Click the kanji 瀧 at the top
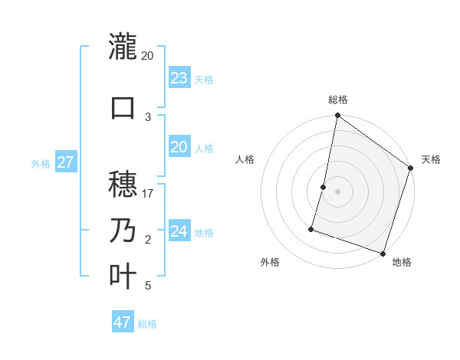(x=123, y=47)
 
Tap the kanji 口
(x=123, y=107)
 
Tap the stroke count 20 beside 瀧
(x=148, y=56)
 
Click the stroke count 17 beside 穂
(x=148, y=194)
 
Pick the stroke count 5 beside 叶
(x=148, y=286)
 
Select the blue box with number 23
(x=179, y=77)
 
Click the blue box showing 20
(x=179, y=147)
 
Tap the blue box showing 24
(x=179, y=231)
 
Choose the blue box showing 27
(x=66, y=162)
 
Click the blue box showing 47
(x=123, y=322)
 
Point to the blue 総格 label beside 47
(x=147, y=324)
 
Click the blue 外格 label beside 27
(x=41, y=163)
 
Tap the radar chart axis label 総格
(x=337, y=100)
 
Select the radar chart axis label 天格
(x=431, y=159)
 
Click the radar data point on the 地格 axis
(x=383, y=253)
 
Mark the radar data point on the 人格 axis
(x=324, y=187)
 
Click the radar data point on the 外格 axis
(x=312, y=228)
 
